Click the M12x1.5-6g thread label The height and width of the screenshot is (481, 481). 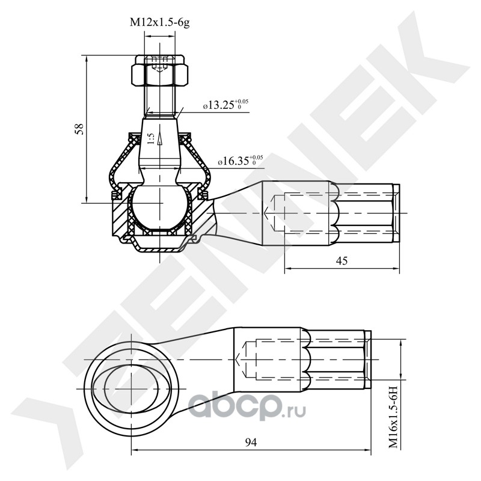161,23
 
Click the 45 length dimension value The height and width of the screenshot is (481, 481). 342,260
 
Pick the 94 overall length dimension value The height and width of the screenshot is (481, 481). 251,443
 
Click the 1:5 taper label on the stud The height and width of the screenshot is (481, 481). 150,138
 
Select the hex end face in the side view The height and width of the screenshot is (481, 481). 396,214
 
